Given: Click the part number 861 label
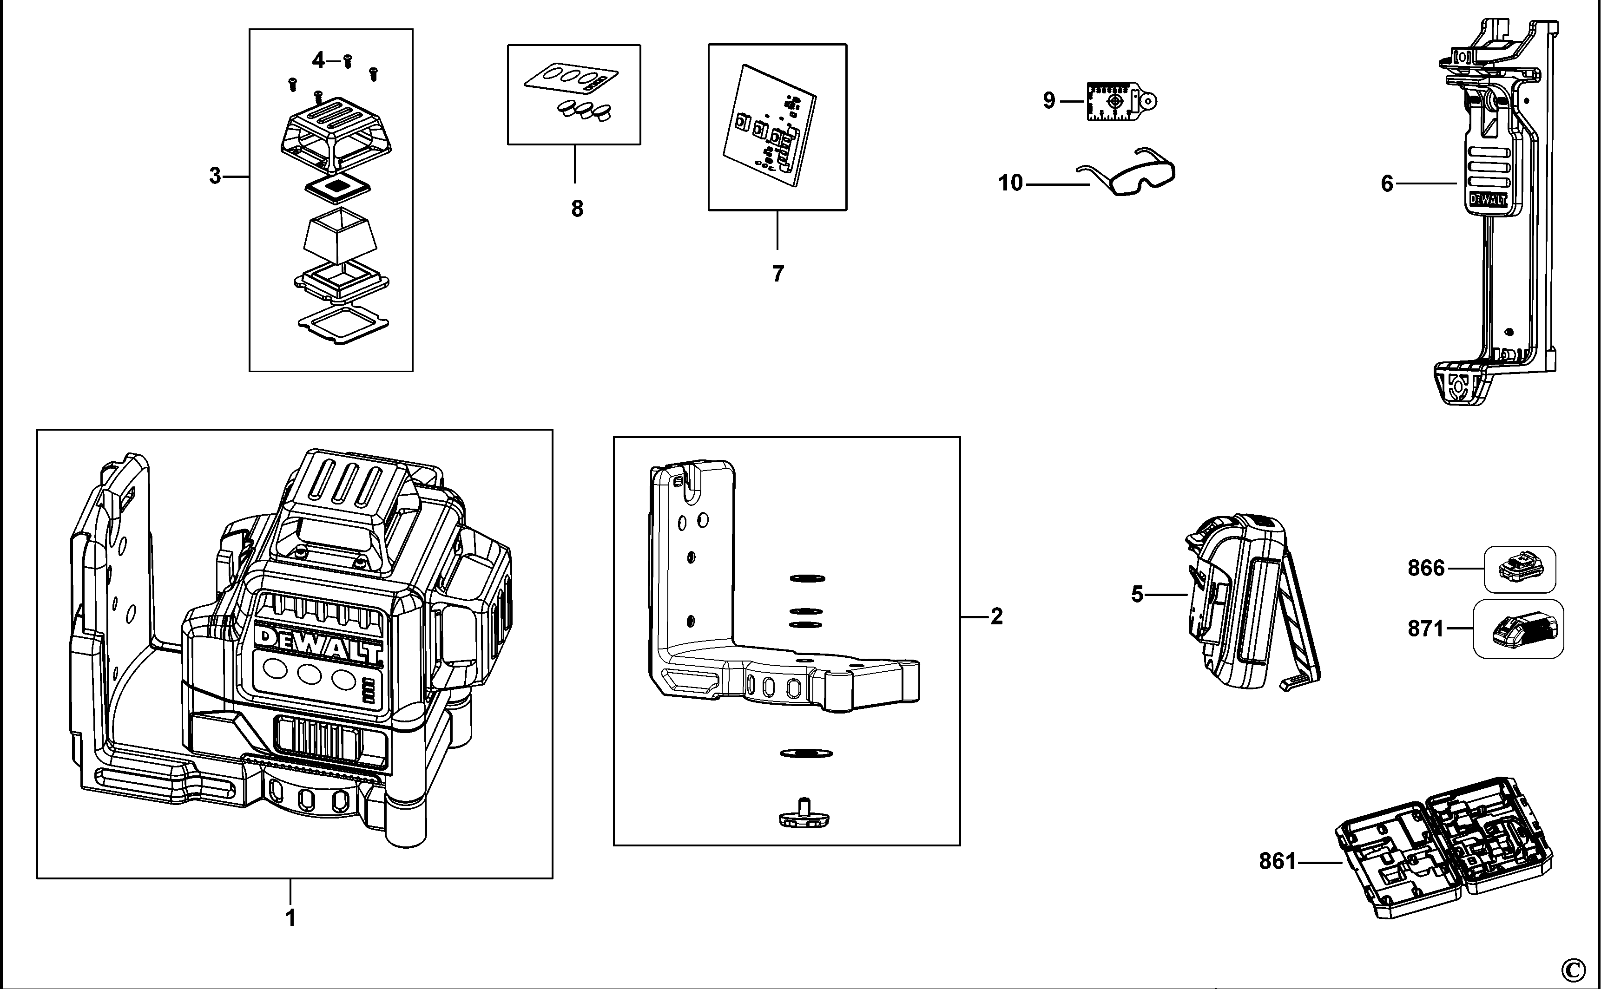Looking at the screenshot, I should tap(1277, 861).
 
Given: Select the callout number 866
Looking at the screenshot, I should tap(1426, 568).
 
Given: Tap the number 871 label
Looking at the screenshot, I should tap(1426, 629).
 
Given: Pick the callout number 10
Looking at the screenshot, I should tap(1010, 183).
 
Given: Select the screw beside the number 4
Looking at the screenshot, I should tap(348, 60).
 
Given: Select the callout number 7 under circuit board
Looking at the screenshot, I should tap(777, 274).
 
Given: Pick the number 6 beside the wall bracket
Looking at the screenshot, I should tap(1387, 184).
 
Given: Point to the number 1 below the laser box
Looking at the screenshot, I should tap(290, 918).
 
